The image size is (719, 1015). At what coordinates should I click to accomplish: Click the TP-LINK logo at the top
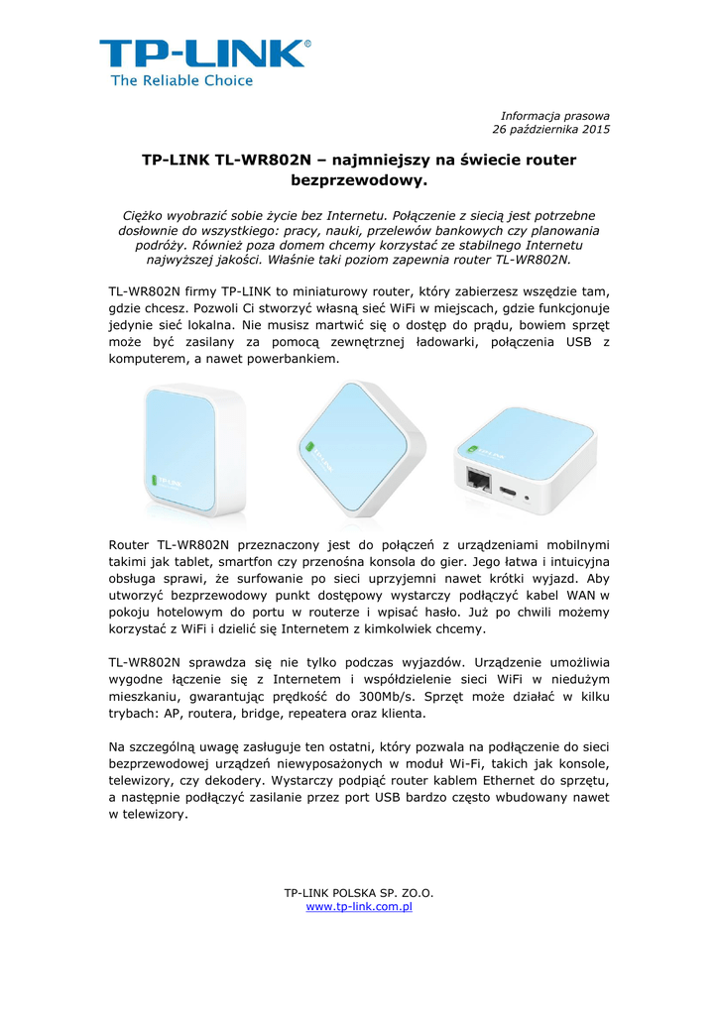(x=204, y=54)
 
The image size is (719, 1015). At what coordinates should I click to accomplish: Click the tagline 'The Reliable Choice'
(x=181, y=80)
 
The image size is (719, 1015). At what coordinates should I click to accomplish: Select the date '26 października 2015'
(x=551, y=130)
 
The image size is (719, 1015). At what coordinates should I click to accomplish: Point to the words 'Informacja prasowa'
(x=555, y=116)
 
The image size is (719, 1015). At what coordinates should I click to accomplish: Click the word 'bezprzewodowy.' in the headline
(x=358, y=181)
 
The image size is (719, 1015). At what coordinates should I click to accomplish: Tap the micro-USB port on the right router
(x=509, y=490)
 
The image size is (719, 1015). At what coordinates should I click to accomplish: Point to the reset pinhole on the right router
(x=527, y=497)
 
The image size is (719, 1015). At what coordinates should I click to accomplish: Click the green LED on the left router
(x=153, y=483)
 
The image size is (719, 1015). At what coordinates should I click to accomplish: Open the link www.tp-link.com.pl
(x=359, y=907)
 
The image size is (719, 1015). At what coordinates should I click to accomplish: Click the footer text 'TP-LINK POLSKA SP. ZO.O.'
(x=359, y=893)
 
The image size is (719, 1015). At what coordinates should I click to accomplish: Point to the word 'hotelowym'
(x=185, y=612)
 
